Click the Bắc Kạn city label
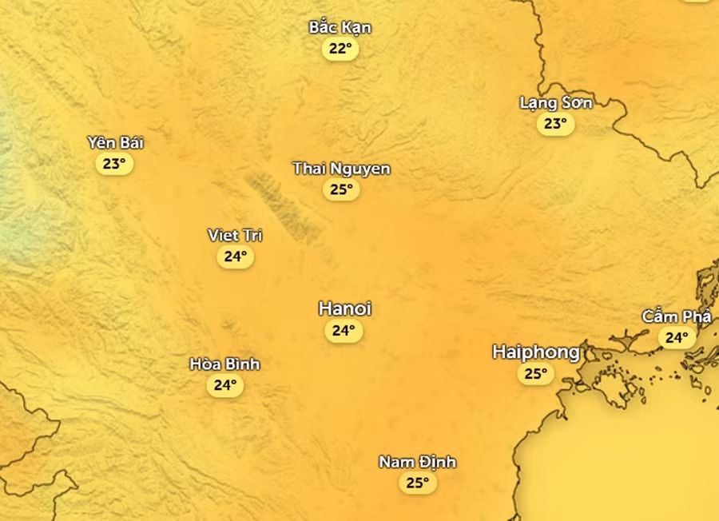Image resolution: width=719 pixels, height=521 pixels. click(340, 27)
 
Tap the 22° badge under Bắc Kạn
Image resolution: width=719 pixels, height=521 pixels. click(340, 49)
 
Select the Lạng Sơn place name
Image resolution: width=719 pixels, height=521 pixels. click(555, 102)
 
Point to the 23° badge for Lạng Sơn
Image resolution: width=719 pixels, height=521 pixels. click(555, 124)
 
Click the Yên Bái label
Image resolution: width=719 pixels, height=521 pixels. click(115, 143)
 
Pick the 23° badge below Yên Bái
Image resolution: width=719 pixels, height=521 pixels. click(114, 165)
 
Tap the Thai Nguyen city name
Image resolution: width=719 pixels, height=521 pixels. click(341, 169)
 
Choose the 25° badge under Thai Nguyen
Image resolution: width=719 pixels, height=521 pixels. click(341, 190)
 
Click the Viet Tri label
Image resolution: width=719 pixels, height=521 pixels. click(235, 235)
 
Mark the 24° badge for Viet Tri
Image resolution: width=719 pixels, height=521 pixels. click(235, 257)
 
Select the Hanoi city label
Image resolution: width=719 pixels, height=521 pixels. click(344, 308)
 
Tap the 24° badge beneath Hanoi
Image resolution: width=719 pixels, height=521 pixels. click(344, 331)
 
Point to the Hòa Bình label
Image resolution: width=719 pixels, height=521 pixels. click(224, 364)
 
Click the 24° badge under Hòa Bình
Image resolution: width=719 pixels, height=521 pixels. click(224, 386)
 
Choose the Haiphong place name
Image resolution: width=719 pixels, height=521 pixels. click(536, 352)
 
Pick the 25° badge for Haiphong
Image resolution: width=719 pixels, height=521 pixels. click(535, 374)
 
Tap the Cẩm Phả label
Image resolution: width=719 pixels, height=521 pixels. click(676, 316)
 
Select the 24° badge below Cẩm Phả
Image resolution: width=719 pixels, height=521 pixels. click(677, 338)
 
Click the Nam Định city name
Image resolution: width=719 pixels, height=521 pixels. click(417, 462)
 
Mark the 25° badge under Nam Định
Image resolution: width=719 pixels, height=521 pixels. click(417, 483)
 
